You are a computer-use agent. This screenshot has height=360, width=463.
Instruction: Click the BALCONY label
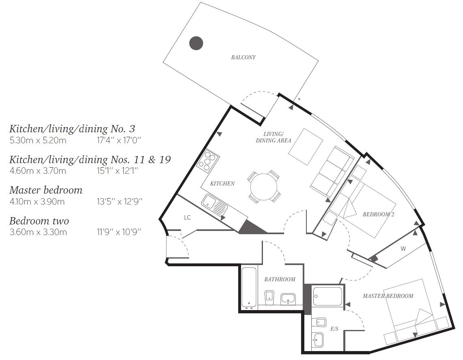[243, 57]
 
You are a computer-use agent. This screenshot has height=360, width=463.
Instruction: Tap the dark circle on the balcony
[196, 43]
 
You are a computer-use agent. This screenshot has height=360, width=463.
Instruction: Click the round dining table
[264, 187]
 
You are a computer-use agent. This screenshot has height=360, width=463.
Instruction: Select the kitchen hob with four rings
[208, 161]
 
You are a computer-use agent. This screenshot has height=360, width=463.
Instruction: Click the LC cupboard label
[187, 218]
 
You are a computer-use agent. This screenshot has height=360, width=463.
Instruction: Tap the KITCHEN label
[222, 183]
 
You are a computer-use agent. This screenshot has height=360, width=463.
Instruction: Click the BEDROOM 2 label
[379, 214]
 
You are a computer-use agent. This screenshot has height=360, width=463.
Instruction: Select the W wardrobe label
[403, 249]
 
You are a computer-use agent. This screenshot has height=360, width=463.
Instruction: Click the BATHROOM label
[280, 279]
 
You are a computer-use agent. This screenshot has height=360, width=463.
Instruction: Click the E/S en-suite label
[334, 329]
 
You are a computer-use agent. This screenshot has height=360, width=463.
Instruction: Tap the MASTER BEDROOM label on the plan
[388, 296]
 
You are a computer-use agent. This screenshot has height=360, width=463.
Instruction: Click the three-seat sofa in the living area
[332, 172]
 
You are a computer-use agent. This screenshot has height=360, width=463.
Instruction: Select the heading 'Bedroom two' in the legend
[39, 221]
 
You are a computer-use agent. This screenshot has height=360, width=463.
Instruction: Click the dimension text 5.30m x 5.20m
[38, 140]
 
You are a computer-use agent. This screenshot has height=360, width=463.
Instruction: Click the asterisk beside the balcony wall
[299, 99]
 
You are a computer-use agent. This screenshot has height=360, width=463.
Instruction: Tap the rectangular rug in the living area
[305, 147]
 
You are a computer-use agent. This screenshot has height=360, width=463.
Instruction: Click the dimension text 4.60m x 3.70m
[38, 171]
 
